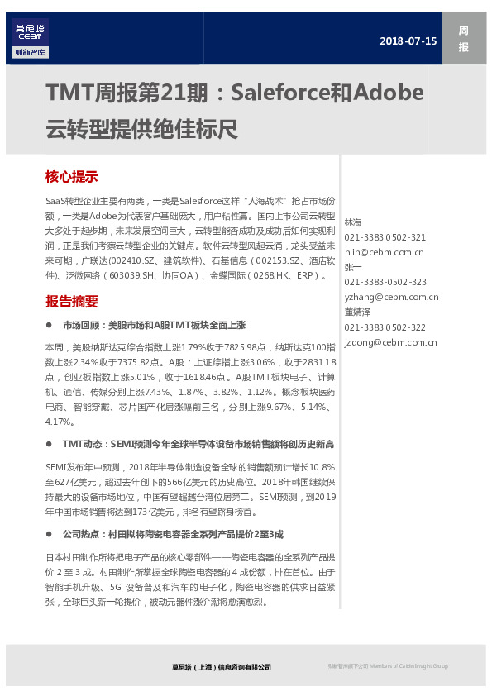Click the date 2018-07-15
coord(408,40)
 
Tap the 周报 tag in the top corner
coord(463,39)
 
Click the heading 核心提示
coord(72,176)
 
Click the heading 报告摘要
coord(72,301)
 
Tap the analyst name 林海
coord(353,222)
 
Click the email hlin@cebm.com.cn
coord(384,252)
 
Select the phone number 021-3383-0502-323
coord(385,282)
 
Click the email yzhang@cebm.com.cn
coord(391,297)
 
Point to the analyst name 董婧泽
coord(358,312)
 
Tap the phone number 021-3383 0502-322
coord(385,327)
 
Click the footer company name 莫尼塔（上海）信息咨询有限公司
coord(216,666)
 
